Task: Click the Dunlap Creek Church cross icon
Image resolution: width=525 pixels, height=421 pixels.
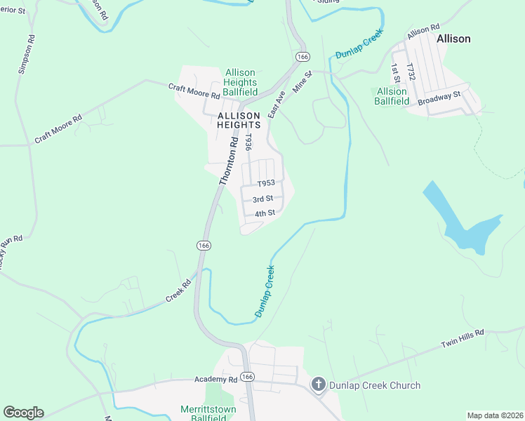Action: [318, 384]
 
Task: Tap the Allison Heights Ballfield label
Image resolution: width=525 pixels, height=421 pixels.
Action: [240, 82]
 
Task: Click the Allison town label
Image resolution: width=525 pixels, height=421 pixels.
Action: [453, 39]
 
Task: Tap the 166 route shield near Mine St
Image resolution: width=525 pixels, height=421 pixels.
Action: [303, 57]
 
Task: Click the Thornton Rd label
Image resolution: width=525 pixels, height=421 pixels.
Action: [229, 160]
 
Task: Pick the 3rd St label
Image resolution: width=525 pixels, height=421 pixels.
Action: [262, 199]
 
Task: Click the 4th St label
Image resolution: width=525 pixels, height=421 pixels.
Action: [264, 213]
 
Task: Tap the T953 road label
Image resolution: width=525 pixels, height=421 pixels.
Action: [265, 183]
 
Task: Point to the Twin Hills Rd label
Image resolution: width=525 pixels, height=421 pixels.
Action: [463, 338]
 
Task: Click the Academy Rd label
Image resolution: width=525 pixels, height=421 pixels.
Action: [216, 380]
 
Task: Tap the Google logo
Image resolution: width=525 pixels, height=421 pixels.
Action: [23, 413]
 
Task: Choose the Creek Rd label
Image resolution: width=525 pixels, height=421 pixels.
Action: [178, 291]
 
